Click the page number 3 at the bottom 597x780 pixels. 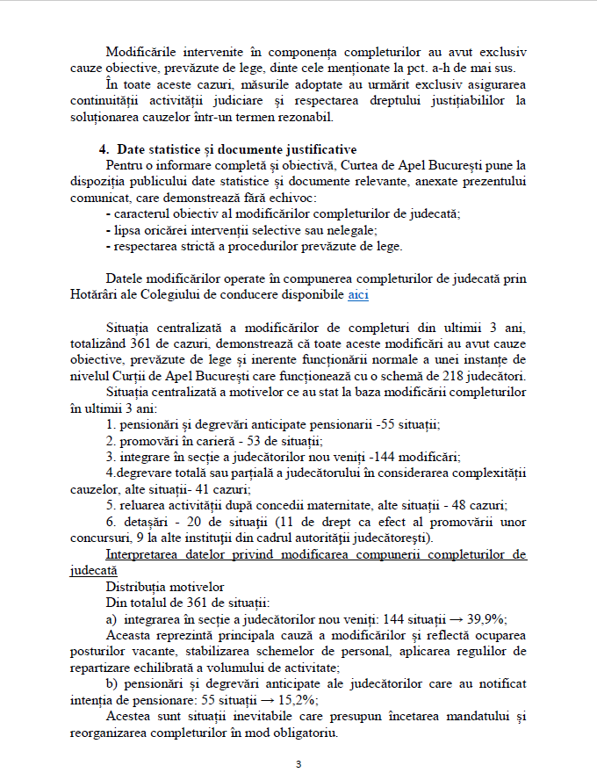(x=298, y=763)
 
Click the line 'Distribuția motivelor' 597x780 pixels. (x=165, y=586)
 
